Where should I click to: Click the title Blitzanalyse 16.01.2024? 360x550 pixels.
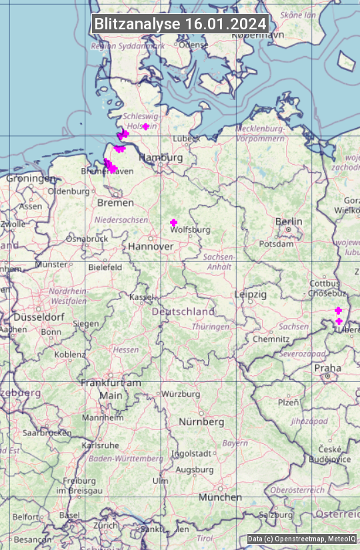180,23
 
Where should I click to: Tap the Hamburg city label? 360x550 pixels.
160,157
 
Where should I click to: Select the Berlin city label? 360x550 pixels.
289,221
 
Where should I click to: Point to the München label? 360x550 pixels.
220,497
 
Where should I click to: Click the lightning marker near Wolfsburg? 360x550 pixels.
174,222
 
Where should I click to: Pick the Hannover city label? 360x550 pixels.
151,246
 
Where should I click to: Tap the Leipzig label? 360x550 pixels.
251,294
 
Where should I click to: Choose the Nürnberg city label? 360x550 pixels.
201,422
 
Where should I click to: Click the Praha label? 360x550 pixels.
327,368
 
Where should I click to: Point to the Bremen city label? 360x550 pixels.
115,202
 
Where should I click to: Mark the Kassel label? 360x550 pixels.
142,297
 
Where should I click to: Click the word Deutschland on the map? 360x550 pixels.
183,311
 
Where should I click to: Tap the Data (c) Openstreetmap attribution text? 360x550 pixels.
302,539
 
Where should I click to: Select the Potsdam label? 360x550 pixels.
276,244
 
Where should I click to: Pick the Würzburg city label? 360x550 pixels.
181,394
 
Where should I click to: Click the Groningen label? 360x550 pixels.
31,179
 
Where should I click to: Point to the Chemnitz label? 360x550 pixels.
271,339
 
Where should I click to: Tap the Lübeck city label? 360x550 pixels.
186,139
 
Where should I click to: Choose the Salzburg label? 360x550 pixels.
276,515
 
